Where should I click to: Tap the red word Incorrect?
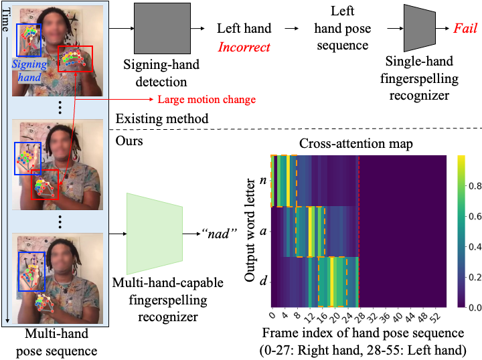point(244,48)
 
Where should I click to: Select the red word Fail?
point(465,29)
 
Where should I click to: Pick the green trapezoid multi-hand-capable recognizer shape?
point(154,234)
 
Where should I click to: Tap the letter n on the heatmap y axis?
point(262,181)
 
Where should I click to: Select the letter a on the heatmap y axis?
point(262,231)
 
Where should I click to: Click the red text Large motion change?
point(206,100)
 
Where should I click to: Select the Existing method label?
point(162,119)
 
